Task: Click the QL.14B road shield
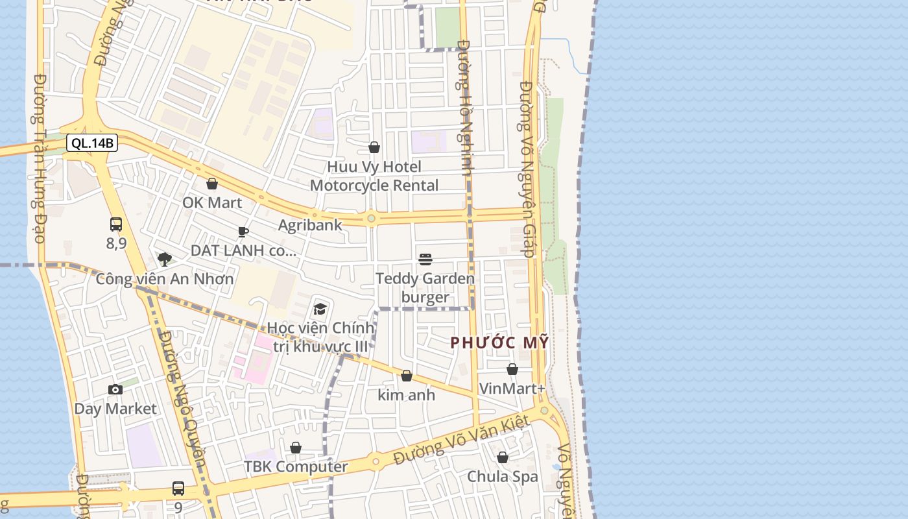coord(92,143)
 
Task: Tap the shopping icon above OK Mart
coord(212,184)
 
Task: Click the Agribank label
coord(310,225)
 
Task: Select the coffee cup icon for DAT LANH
coord(243,232)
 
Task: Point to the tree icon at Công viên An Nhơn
coord(165,259)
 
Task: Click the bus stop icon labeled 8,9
coord(116,225)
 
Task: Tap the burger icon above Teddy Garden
coord(425,259)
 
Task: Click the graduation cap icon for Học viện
coord(320,309)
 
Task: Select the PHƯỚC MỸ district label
coord(499,343)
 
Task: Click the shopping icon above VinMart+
coord(512,369)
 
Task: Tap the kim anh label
coord(407,394)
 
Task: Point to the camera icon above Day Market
coord(115,389)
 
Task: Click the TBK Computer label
coord(296,466)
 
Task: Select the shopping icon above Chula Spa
coord(503,458)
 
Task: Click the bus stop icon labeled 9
coord(178,489)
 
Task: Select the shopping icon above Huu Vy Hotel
coord(374,148)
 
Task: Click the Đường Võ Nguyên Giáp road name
coord(527,169)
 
